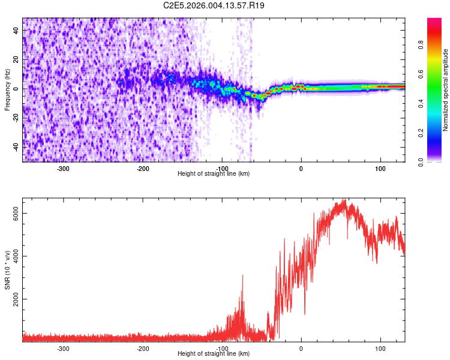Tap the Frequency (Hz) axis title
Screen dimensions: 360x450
[x=7, y=89]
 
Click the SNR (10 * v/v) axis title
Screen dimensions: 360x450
[x=7, y=269]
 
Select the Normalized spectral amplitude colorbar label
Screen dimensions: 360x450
[x=446, y=90]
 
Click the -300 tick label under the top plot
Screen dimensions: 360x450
[x=63, y=169]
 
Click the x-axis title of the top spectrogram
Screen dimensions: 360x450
[x=214, y=174]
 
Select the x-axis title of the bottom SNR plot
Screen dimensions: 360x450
[x=214, y=354]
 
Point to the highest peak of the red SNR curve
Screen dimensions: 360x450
[x=344, y=200]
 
